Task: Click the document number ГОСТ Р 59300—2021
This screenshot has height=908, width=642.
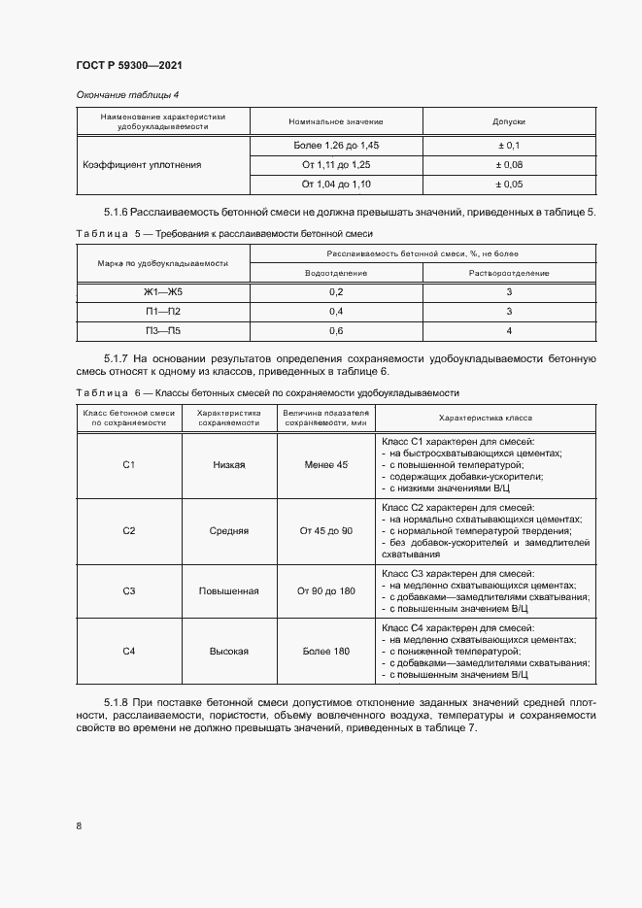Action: (x=129, y=65)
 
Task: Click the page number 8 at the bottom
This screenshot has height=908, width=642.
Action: (x=79, y=825)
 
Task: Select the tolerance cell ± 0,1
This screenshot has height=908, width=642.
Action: (x=509, y=145)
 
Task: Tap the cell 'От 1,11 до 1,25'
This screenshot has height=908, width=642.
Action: (x=336, y=164)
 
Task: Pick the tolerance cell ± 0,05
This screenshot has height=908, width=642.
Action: (x=509, y=184)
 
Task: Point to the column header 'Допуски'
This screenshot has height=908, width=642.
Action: (x=509, y=121)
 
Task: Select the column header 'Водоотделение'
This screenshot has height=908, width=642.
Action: (x=336, y=273)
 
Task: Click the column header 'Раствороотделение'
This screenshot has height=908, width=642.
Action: (x=509, y=273)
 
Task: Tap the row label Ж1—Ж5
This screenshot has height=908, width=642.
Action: (x=162, y=292)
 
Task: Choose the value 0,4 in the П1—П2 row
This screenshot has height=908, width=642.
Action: (x=336, y=312)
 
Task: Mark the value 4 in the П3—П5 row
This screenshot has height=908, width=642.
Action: (x=509, y=331)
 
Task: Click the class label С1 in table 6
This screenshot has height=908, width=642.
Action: (x=128, y=465)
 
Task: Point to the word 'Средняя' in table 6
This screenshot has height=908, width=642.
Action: (x=228, y=531)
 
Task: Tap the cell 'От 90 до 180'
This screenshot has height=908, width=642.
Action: (x=326, y=590)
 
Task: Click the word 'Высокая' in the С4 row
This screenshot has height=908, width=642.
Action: (x=228, y=651)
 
